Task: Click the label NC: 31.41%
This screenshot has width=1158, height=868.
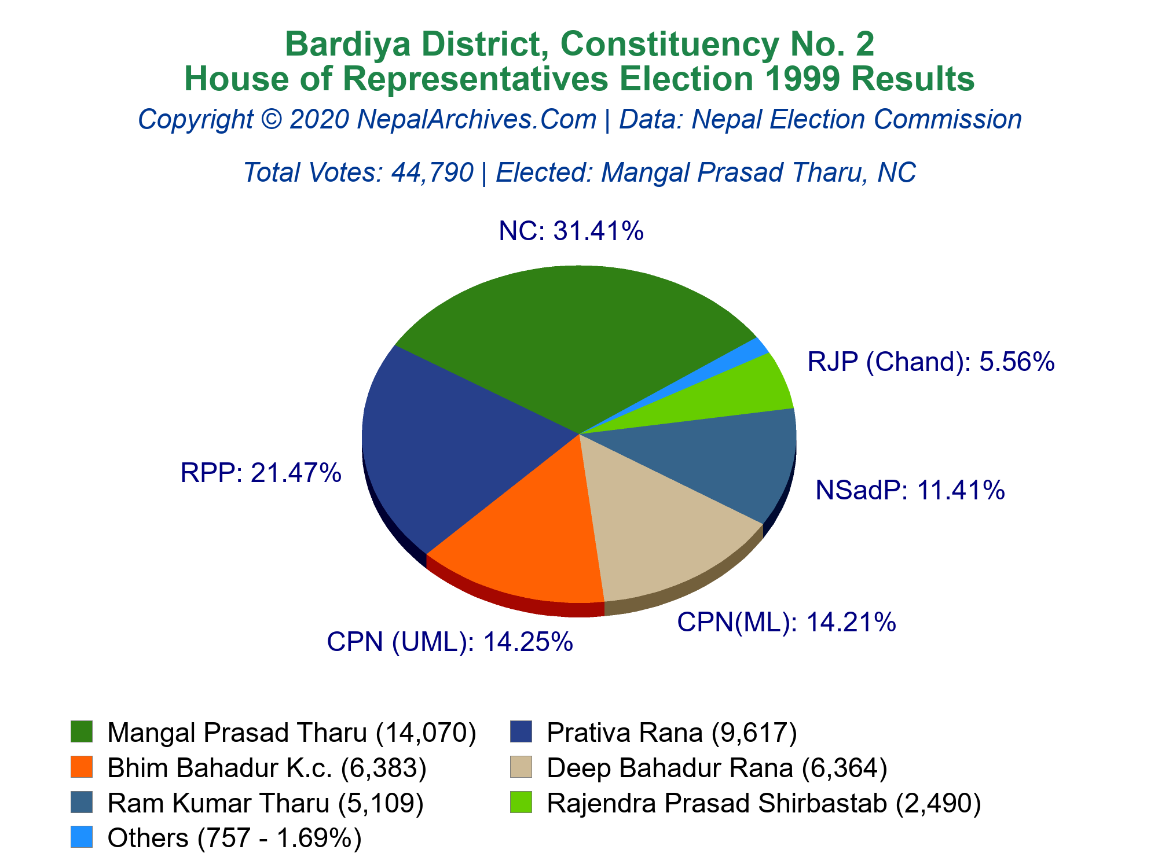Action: click(x=571, y=231)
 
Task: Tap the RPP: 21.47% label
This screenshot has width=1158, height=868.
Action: click(x=261, y=473)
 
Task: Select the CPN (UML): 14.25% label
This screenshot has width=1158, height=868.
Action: click(x=450, y=642)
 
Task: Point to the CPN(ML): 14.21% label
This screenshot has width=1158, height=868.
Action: click(x=786, y=622)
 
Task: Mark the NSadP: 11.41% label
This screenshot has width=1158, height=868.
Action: click(x=910, y=490)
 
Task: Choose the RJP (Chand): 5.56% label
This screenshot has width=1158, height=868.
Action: click(x=931, y=362)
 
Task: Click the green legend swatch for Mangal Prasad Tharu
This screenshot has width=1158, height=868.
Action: click(x=82, y=731)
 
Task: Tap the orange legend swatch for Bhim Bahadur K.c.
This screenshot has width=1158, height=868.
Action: click(x=82, y=767)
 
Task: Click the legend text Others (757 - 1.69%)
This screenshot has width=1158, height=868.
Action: click(x=234, y=838)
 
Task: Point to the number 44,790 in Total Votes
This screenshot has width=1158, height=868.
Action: click(x=433, y=172)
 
